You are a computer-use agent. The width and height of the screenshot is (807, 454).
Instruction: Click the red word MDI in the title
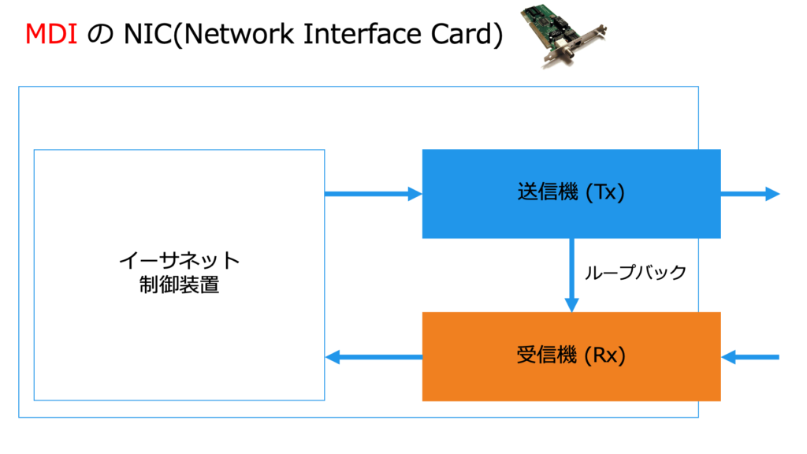pyautogui.click(x=51, y=35)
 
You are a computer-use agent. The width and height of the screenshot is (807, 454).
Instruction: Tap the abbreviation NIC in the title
pyautogui.click(x=147, y=35)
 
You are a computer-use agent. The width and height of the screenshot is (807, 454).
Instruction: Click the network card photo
pyautogui.click(x=563, y=35)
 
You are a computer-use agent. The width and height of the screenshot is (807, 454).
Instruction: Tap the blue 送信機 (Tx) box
pyautogui.click(x=571, y=194)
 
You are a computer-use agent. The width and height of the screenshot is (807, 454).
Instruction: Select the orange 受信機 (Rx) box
pyautogui.click(x=571, y=356)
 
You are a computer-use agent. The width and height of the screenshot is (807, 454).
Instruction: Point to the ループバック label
pyautogui.click(x=636, y=272)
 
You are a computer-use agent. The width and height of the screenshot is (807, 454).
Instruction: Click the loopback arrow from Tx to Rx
pyautogui.click(x=572, y=275)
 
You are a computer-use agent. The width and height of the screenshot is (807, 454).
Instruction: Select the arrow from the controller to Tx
pyautogui.click(x=374, y=194)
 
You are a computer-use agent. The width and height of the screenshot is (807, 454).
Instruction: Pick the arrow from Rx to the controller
pyautogui.click(x=374, y=357)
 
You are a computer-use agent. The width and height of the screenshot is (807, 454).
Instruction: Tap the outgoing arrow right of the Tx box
pyautogui.click(x=750, y=194)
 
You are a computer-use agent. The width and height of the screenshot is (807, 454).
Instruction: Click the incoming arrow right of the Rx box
pyautogui.click(x=750, y=357)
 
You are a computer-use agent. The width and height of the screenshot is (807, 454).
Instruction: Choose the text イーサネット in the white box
pyautogui.click(x=179, y=261)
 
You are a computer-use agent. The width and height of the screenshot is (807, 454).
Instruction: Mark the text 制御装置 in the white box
pyautogui.click(x=179, y=285)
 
